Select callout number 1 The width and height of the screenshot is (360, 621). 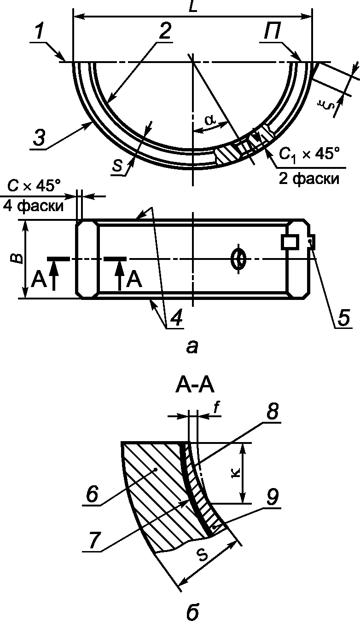[40, 32]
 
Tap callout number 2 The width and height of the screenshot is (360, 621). [164, 31]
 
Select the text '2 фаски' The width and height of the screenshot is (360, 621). [308, 179]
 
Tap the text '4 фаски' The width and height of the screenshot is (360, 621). [33, 207]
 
